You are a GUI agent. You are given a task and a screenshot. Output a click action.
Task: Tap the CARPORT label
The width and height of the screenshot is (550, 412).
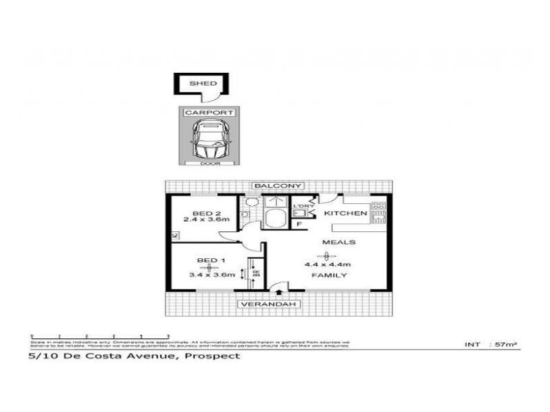click(209, 113)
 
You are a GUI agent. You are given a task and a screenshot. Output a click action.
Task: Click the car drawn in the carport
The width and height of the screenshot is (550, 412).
click(209, 139)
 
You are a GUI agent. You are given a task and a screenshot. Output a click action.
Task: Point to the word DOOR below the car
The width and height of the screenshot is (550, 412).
click(209, 163)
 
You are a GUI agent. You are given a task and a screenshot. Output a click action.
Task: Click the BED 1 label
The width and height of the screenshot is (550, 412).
click(211, 260)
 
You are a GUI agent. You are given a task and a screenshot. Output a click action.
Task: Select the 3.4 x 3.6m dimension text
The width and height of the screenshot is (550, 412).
click(211, 275)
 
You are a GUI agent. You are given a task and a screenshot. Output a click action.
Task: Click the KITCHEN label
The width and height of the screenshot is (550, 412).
click(346, 214)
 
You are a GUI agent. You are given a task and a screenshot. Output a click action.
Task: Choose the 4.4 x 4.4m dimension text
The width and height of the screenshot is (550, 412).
click(328, 264)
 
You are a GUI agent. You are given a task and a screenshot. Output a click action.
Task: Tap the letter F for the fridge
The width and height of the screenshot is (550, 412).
click(300, 223)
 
